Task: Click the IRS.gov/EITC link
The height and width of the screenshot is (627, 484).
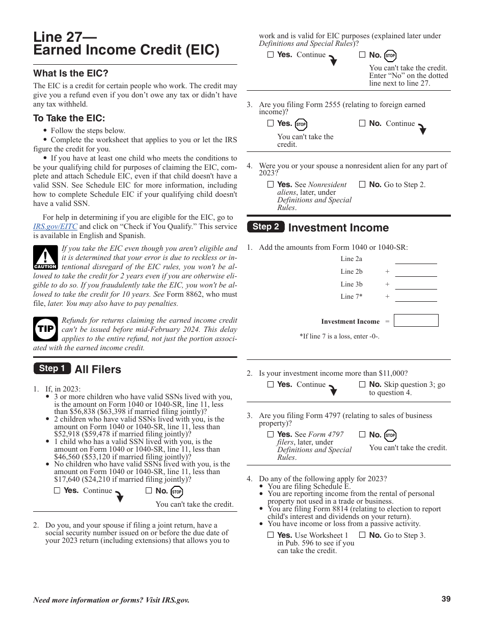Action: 55,227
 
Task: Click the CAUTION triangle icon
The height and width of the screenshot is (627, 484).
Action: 45,257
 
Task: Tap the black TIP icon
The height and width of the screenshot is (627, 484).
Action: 45,329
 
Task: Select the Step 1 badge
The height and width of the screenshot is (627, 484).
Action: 52,369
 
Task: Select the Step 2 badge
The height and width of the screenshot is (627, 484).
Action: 265,227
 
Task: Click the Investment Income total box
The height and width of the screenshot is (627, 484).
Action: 416,321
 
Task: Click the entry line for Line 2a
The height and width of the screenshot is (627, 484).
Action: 416,259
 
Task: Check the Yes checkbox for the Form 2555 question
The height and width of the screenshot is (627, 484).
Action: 271,123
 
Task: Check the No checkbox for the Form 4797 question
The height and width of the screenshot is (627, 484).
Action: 362,435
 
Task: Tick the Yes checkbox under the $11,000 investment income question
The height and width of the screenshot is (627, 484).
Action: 271,385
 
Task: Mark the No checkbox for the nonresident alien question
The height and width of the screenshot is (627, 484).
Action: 362,185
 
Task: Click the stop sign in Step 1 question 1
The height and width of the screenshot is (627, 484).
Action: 177,492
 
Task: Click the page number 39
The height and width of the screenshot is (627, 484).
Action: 446,599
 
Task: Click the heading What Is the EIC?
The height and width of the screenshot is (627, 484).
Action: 71,73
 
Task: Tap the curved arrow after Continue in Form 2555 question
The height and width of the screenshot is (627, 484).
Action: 422,129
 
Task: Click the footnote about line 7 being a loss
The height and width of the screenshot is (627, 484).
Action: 339,336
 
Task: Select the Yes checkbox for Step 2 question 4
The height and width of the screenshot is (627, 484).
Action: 271,535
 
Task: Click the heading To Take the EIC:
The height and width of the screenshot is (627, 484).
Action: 69,118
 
